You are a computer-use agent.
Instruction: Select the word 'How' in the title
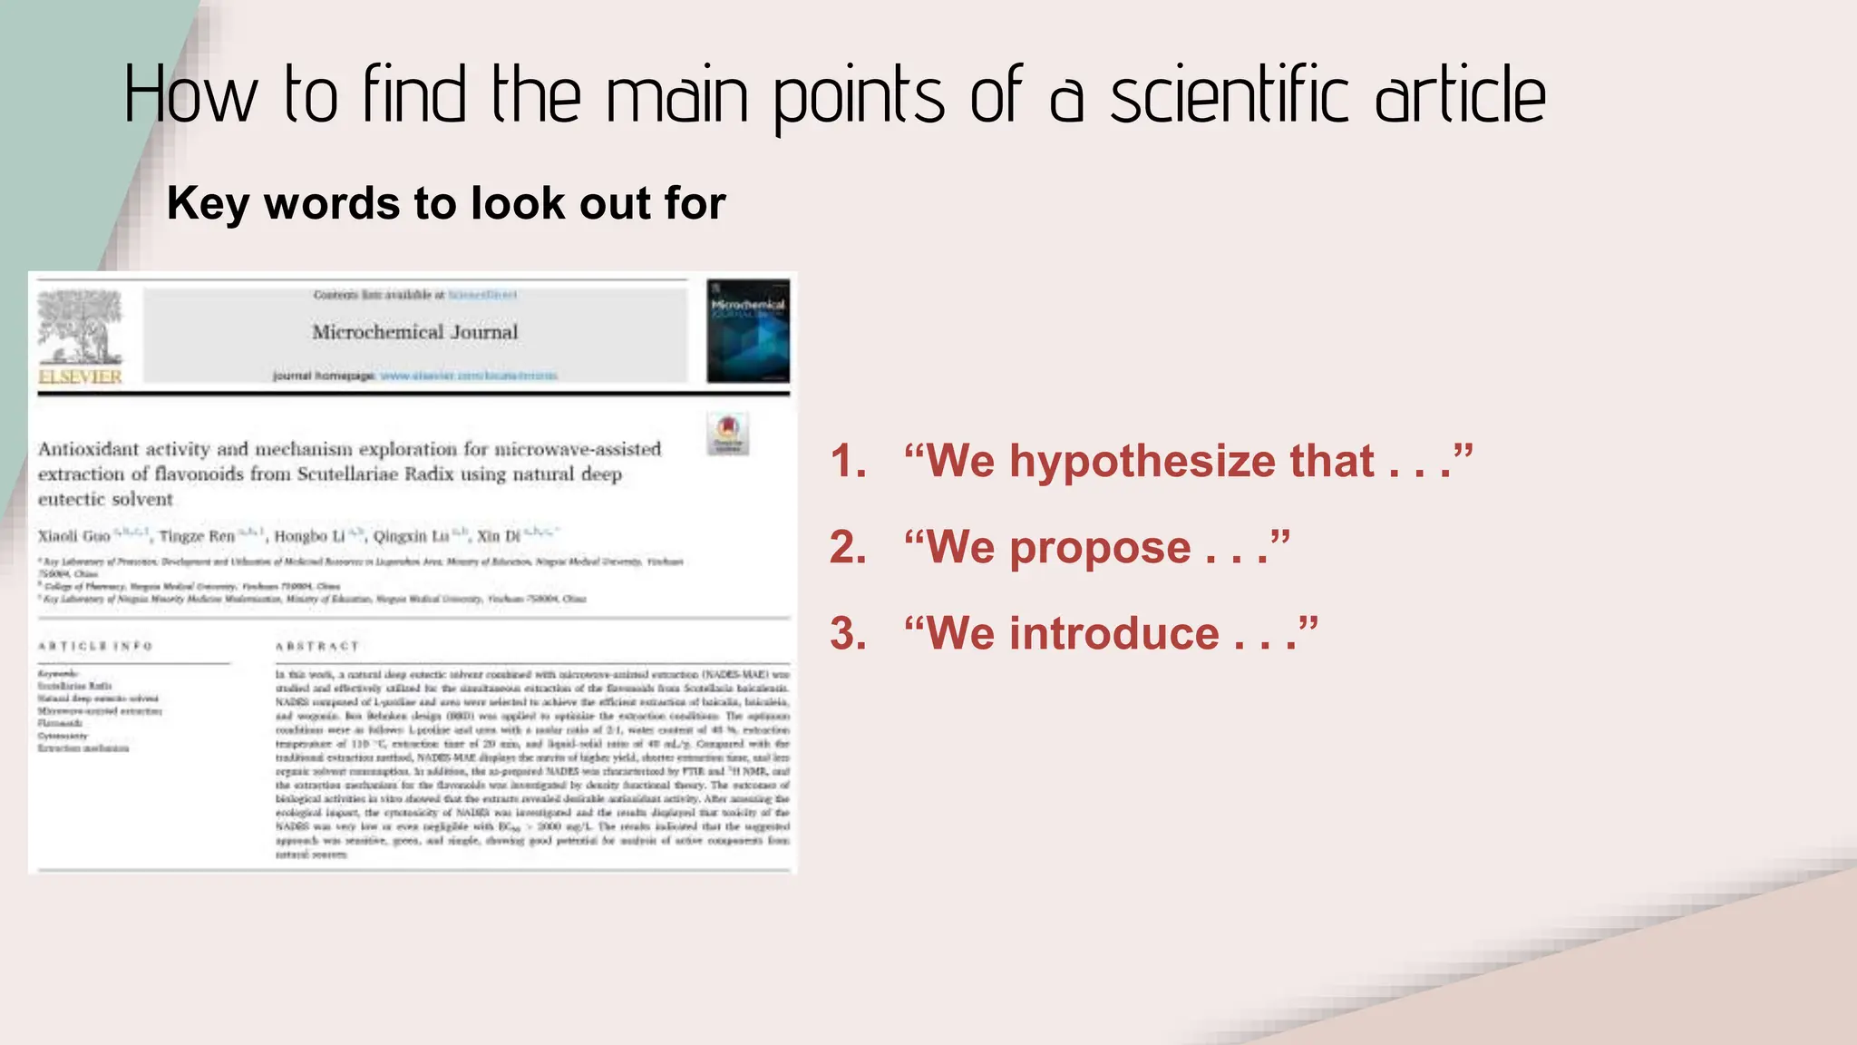coord(190,95)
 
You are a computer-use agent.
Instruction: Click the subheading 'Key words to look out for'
coord(446,203)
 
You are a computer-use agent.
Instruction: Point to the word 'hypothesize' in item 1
coord(1146,461)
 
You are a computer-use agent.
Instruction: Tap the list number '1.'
coord(849,461)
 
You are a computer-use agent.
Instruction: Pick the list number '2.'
coord(849,548)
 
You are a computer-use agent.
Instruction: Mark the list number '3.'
coord(849,633)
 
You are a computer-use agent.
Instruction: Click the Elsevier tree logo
coord(80,327)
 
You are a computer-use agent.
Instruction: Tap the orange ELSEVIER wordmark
coord(80,376)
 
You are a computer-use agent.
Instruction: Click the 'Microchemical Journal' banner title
coord(415,332)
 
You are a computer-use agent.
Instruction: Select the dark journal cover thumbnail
coord(748,331)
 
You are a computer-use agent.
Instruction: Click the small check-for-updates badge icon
coord(728,433)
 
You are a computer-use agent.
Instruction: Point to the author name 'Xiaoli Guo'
coord(73,536)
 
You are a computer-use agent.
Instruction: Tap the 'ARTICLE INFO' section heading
coord(95,646)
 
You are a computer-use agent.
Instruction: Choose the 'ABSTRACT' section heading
coord(317,646)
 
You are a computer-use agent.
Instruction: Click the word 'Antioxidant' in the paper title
coord(90,449)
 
